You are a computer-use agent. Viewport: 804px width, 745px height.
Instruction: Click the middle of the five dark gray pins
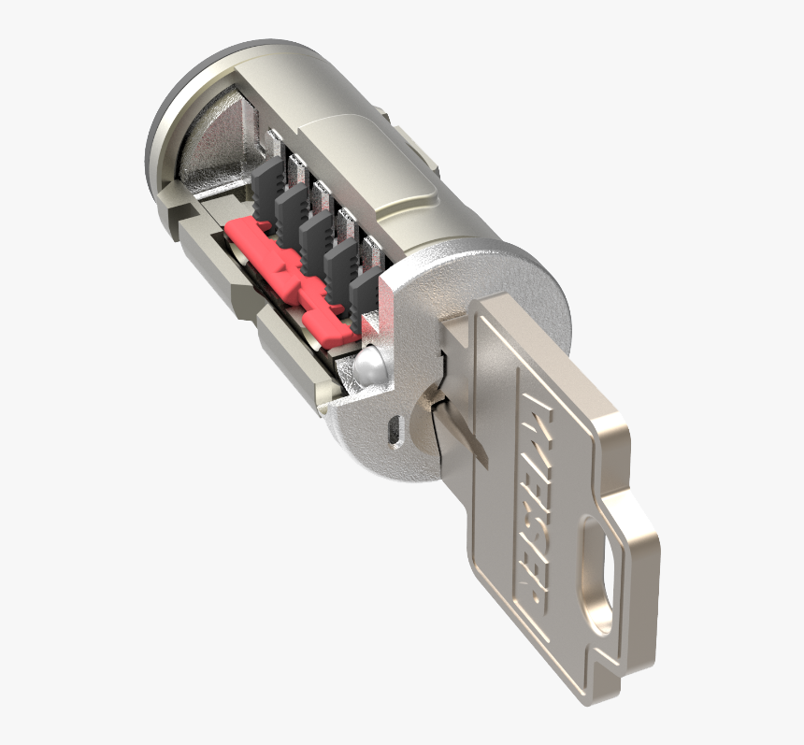click(315, 233)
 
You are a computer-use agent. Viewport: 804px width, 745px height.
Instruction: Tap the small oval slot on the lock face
click(394, 431)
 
